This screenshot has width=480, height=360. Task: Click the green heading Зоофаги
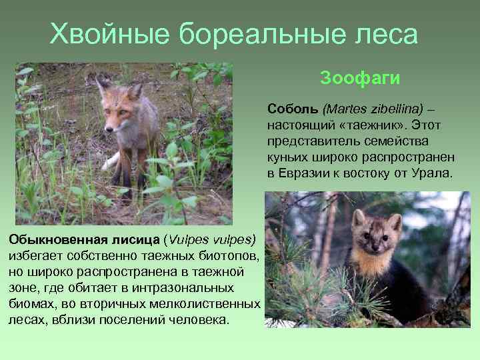pyautogui.click(x=360, y=79)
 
